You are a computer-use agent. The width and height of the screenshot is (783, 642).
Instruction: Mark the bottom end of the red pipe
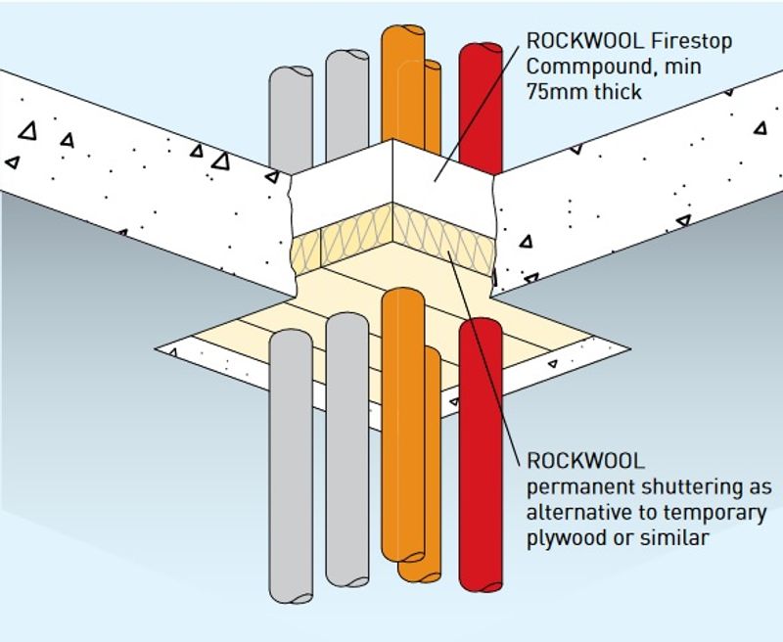481,584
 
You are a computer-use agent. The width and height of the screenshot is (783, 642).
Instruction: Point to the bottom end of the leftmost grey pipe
291,594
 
